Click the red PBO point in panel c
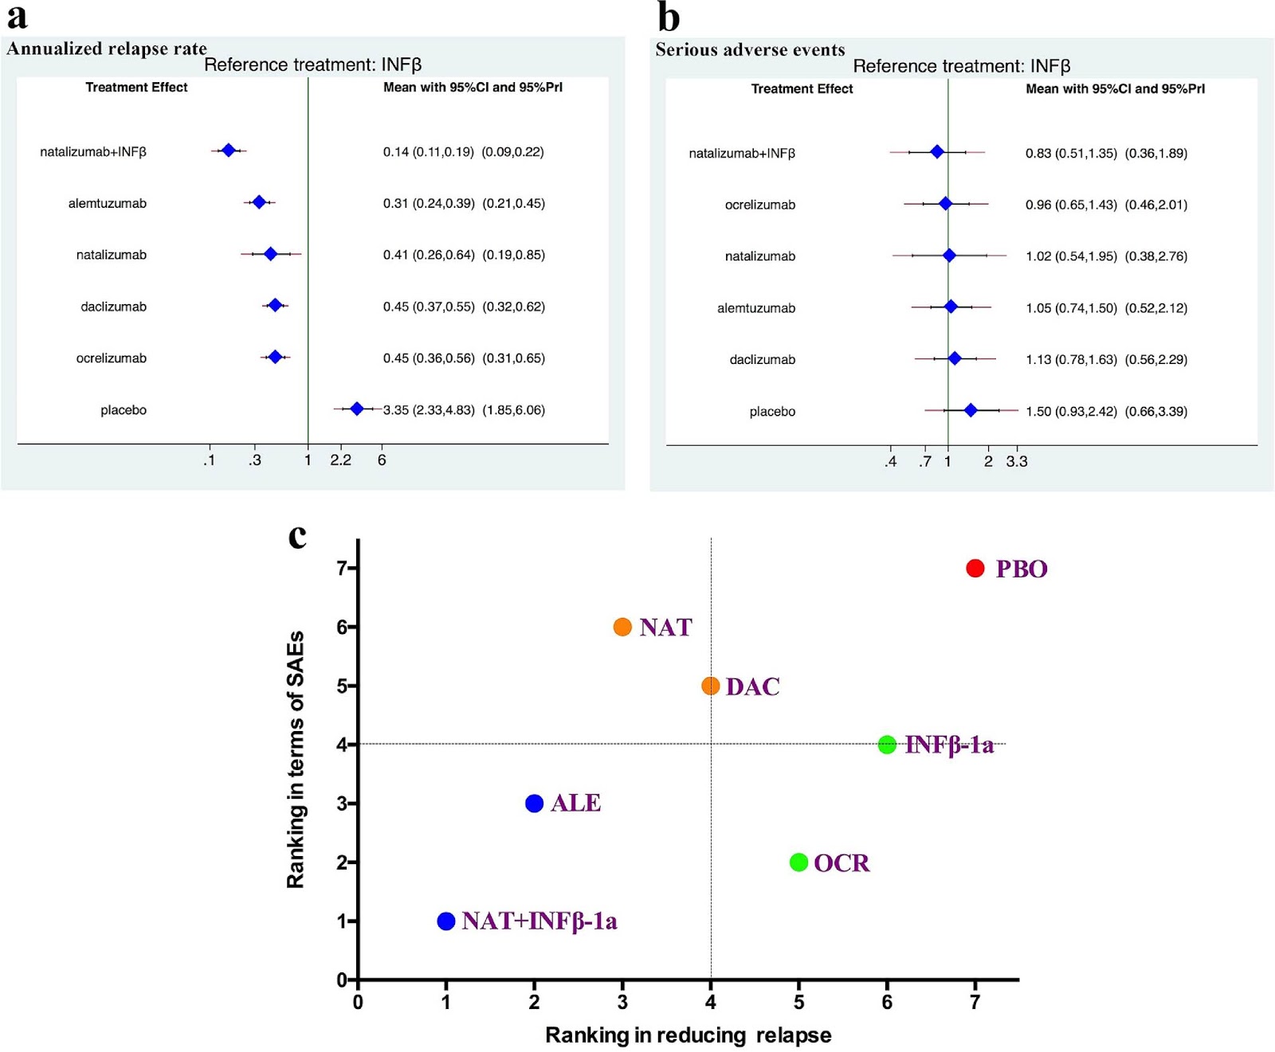click(975, 568)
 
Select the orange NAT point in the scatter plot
click(622, 627)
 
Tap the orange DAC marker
click(711, 686)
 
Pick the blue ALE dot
click(535, 804)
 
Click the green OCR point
click(798, 862)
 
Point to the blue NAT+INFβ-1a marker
click(446, 921)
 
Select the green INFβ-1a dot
click(887, 745)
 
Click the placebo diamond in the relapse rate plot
click(357, 409)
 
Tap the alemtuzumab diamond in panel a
click(259, 202)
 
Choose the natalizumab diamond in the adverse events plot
click(949, 256)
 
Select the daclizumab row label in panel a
click(113, 307)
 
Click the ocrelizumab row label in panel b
click(760, 205)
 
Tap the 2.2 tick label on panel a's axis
click(341, 460)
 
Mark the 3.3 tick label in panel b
click(1017, 462)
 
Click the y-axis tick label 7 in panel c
click(342, 568)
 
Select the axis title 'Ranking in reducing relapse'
click(688, 1035)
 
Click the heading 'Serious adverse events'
click(750, 50)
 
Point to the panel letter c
click(297, 537)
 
